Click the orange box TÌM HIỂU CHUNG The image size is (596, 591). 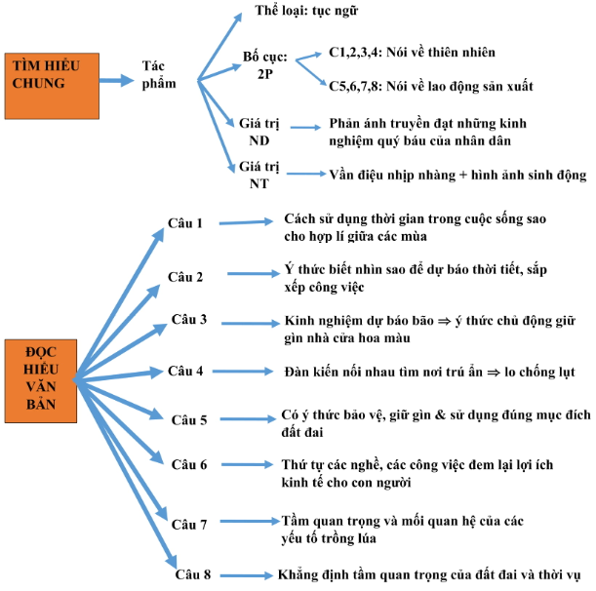click(x=52, y=86)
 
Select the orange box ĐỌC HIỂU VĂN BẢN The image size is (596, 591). click(x=41, y=380)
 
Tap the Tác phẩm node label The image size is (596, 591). click(x=159, y=75)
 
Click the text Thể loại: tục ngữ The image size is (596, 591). click(x=306, y=11)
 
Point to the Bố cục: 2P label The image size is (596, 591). click(x=265, y=65)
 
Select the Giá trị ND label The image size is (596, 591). click(x=259, y=132)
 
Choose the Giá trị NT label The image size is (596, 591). click(x=259, y=175)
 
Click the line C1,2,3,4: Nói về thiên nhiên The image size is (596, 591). click(x=412, y=52)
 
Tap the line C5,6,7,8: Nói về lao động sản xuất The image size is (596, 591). click(x=431, y=86)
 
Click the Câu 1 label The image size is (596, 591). click(x=185, y=223)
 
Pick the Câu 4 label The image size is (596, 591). click(x=185, y=371)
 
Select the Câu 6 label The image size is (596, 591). click(x=189, y=464)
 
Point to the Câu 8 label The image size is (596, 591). click(x=193, y=574)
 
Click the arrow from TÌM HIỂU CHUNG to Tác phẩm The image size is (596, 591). click(x=117, y=80)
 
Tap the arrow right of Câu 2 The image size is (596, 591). click(x=254, y=274)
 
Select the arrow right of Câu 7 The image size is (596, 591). click(x=250, y=521)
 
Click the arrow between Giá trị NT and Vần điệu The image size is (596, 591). click(x=306, y=174)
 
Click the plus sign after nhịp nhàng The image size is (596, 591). click(x=462, y=176)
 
